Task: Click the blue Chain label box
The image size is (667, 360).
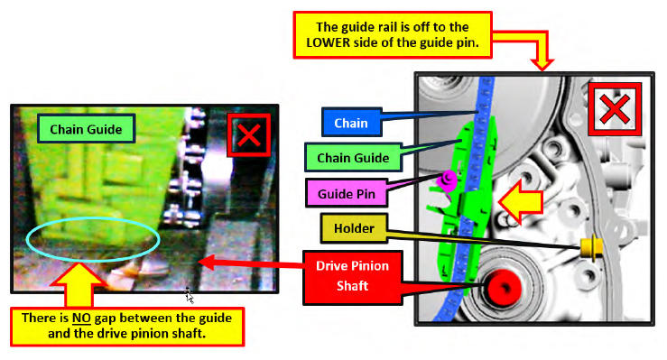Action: point(351,123)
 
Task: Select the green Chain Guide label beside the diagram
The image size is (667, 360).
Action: point(353,158)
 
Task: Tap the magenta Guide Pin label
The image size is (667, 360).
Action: point(347,193)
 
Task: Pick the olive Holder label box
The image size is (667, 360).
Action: point(354,228)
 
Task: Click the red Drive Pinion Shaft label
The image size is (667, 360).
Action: point(352,278)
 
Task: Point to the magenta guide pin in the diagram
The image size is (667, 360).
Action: point(448,180)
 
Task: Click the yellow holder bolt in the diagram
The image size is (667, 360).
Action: point(590,248)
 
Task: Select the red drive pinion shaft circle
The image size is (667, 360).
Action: point(504,287)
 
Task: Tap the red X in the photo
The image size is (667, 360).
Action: point(249,135)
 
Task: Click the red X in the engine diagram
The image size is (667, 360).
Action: point(615,109)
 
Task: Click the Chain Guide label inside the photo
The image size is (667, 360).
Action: point(86,129)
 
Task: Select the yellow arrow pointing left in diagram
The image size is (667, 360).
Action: point(521,201)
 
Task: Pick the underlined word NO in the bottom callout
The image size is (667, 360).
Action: point(81,318)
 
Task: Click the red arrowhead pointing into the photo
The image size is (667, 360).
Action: point(208,262)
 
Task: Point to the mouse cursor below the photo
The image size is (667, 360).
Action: point(189,296)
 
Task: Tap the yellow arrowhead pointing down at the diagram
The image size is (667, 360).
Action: point(542,64)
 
